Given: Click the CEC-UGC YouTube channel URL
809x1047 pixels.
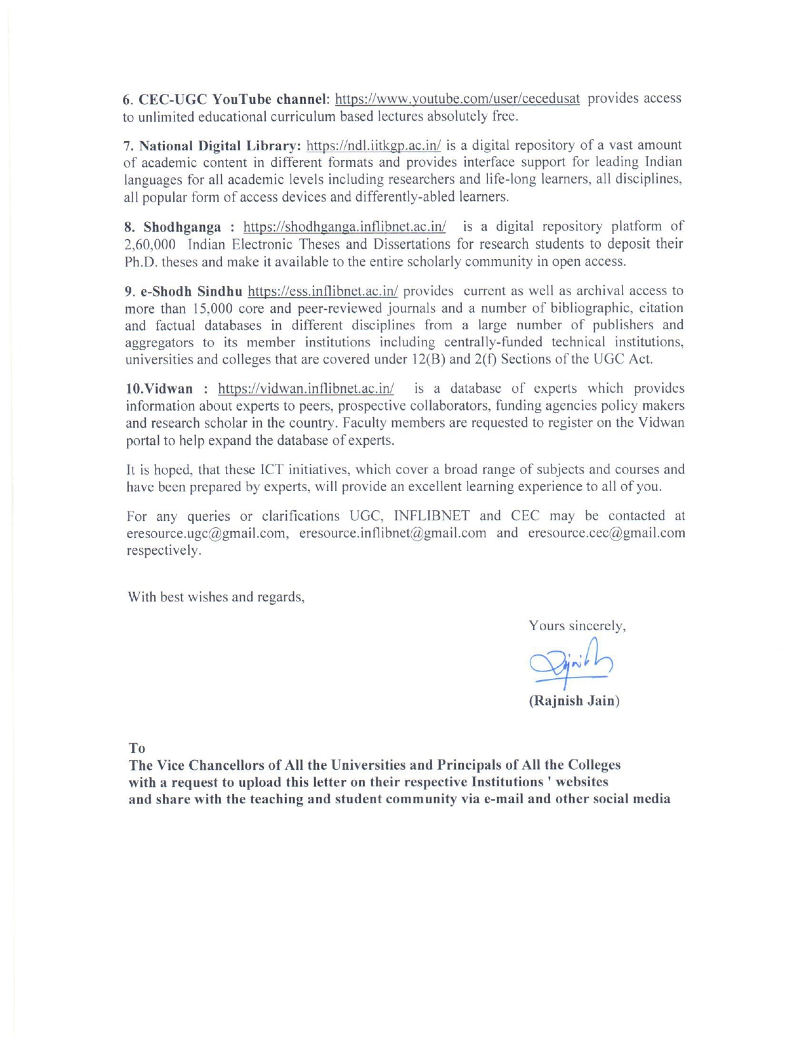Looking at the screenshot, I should pyautogui.click(x=457, y=99).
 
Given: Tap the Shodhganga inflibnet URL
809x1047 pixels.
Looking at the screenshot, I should pyautogui.click(x=345, y=227).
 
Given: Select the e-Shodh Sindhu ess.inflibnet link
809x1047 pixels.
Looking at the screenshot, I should pyautogui.click(x=322, y=292).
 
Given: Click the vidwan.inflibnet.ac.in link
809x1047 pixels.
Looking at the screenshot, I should pyautogui.click(x=306, y=389).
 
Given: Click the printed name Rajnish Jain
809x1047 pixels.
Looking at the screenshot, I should pyautogui.click(x=574, y=701).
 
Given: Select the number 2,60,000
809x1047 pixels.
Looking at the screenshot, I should pyautogui.click(x=150, y=245).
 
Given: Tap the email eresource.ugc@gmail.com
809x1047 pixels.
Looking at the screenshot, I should pyautogui.click(x=207, y=534).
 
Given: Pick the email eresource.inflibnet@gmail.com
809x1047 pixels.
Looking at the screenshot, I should pyautogui.click(x=393, y=534).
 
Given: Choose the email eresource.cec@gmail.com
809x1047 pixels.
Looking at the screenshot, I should pyautogui.click(x=607, y=534).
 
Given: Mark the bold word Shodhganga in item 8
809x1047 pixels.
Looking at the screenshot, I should pyautogui.click(x=182, y=227).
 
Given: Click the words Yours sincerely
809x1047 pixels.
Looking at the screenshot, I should pyautogui.click(x=577, y=626).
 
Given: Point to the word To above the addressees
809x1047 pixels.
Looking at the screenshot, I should pyautogui.click(x=137, y=749).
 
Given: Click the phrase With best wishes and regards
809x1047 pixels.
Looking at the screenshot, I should pyautogui.click(x=216, y=597).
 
